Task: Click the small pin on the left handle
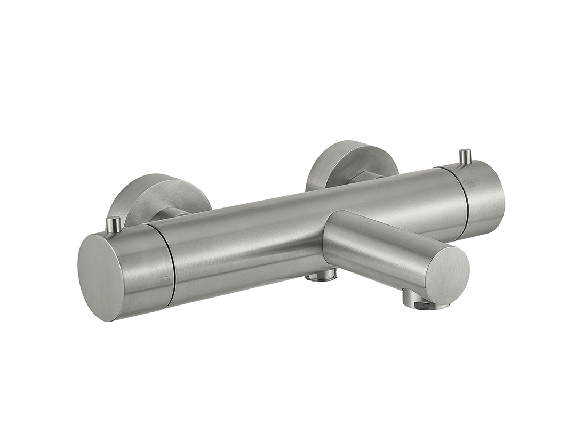[x=113, y=224]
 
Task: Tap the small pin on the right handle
[x=465, y=156]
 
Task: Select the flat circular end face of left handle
[x=101, y=278]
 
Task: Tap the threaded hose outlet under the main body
[x=321, y=275]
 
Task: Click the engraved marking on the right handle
[x=471, y=184]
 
